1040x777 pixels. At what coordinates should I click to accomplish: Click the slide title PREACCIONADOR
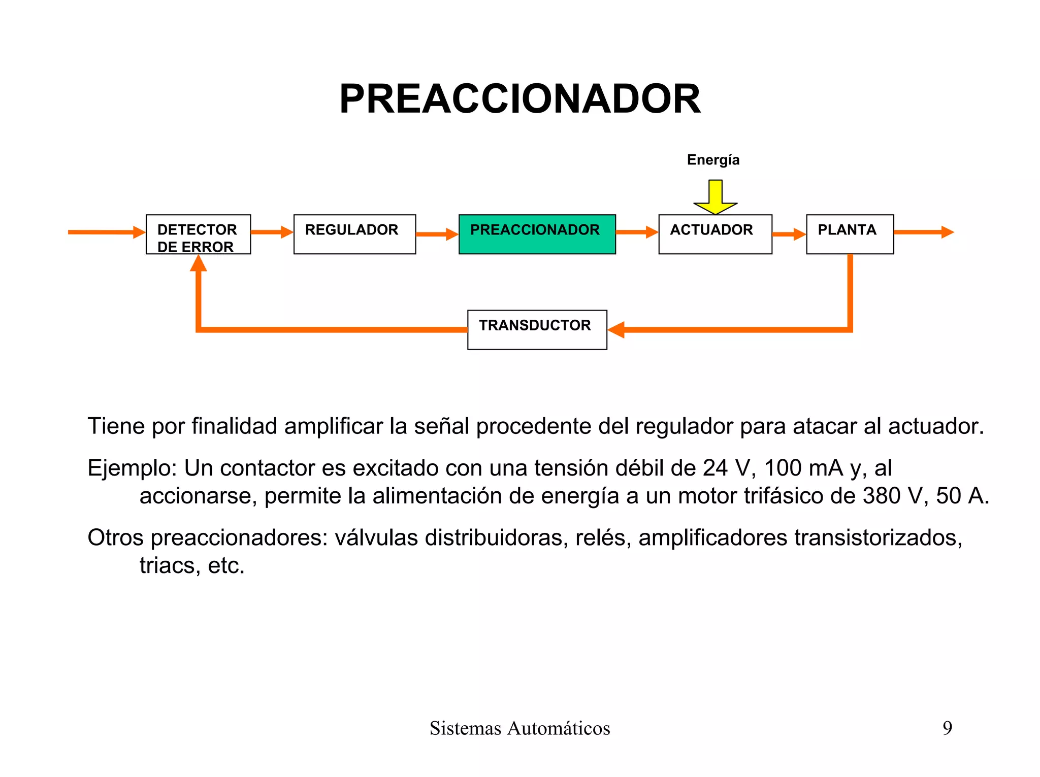click(x=519, y=99)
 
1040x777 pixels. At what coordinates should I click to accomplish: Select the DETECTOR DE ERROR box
click(x=198, y=234)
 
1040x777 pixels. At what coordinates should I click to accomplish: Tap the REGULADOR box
click(x=354, y=234)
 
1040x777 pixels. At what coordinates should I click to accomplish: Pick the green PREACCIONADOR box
click(x=537, y=234)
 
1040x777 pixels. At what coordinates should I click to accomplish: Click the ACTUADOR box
click(x=715, y=234)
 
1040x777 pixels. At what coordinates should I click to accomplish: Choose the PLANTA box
click(x=850, y=234)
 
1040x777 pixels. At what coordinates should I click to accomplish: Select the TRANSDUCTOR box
click(x=537, y=330)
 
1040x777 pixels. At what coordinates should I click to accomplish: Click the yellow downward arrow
click(x=715, y=197)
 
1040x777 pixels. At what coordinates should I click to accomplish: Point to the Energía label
click(x=713, y=160)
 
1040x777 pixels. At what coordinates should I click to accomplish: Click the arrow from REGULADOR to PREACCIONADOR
click(x=437, y=234)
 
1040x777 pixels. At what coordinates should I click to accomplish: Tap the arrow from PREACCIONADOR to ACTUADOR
click(x=637, y=232)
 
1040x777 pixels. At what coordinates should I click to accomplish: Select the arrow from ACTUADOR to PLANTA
click(x=789, y=234)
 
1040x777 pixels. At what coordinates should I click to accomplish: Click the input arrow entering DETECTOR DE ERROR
click(x=107, y=232)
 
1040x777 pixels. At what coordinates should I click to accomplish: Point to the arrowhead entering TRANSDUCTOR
click(x=616, y=330)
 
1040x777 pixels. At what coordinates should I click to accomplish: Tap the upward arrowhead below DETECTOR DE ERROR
click(x=199, y=263)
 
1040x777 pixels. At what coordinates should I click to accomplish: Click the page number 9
click(x=947, y=728)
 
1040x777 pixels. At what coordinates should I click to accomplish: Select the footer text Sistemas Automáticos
click(x=519, y=728)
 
